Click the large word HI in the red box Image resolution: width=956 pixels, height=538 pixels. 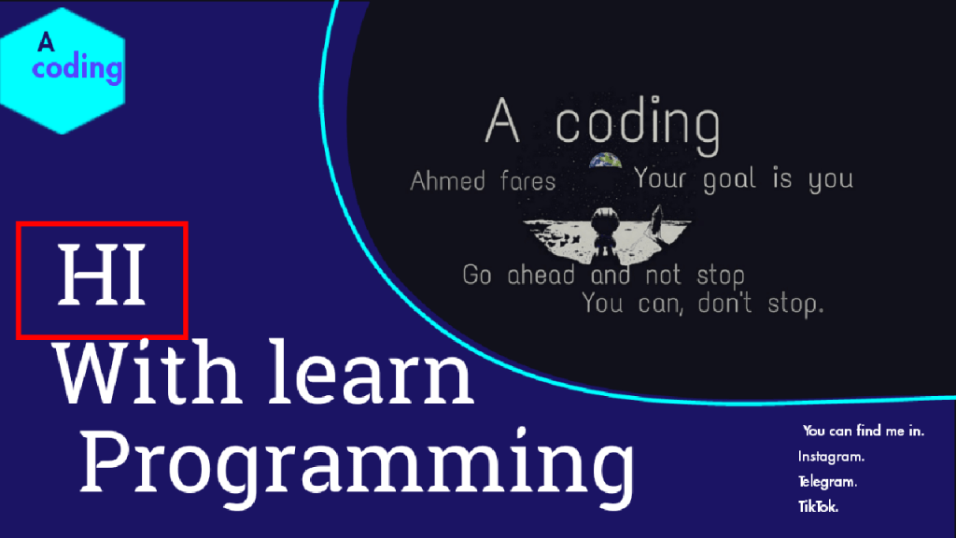pos(102,275)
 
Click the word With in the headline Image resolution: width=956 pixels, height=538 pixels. pos(147,372)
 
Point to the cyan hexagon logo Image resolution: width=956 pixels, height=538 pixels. pos(63,71)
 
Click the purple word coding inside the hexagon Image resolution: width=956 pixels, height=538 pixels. pos(77,67)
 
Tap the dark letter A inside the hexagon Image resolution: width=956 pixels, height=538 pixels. pos(46,42)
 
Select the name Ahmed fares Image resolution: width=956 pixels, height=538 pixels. pos(483,181)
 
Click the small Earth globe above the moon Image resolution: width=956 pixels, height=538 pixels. pos(605,161)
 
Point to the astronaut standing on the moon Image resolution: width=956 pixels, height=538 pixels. pos(604,230)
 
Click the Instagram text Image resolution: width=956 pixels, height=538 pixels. pos(831,456)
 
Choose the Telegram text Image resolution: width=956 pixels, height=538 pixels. pos(827,481)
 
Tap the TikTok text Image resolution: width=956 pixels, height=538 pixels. pos(818,506)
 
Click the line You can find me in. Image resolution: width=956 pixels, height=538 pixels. pos(864,431)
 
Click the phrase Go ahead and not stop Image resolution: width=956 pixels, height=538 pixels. pos(604,276)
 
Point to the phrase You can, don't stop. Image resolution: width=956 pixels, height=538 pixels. pos(702,304)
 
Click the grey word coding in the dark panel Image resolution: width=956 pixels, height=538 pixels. pos(638,124)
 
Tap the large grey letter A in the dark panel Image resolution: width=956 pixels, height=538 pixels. pos(502,120)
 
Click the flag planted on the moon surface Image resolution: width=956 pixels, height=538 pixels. pos(657,220)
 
